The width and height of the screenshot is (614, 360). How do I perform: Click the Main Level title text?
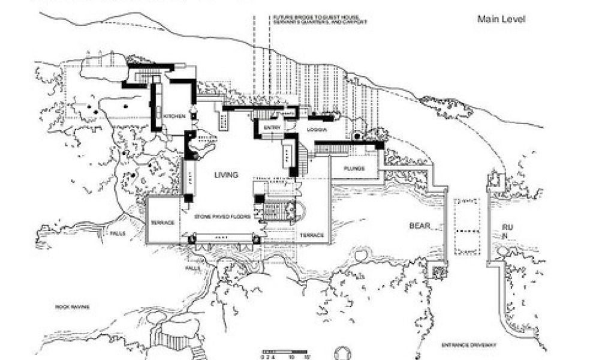tap(501, 19)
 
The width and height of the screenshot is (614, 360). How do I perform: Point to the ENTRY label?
tap(269, 128)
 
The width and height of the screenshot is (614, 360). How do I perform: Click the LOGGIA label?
tap(316, 130)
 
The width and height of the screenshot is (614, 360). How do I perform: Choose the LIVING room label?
tap(227, 175)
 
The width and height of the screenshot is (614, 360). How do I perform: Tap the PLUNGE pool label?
tap(354, 169)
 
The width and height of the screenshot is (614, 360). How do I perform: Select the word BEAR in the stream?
tap(420, 226)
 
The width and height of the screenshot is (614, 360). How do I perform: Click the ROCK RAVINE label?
tap(73, 307)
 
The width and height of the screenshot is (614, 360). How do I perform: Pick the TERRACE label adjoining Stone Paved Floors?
tap(162, 223)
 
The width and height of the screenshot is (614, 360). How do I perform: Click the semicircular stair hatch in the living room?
tap(298, 211)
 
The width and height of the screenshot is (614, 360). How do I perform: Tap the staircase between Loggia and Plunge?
tap(307, 157)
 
